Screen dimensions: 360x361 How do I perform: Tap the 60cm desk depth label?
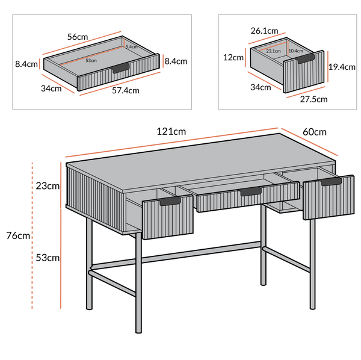(x=314, y=132)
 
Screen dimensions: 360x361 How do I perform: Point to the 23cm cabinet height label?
(x=48, y=186)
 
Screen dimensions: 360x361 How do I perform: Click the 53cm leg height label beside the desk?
(x=48, y=258)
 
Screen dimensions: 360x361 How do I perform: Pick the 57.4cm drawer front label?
(x=125, y=91)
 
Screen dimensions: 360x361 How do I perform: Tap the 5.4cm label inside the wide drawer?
(x=131, y=46)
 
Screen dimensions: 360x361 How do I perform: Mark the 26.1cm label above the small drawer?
(x=265, y=30)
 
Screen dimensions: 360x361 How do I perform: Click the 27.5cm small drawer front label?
(x=313, y=99)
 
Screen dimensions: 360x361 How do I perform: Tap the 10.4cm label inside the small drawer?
(x=295, y=51)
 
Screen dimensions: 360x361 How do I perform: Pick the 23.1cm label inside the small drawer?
(x=274, y=52)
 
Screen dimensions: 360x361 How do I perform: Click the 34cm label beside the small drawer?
(x=260, y=87)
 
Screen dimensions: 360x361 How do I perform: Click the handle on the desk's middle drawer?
(x=250, y=191)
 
